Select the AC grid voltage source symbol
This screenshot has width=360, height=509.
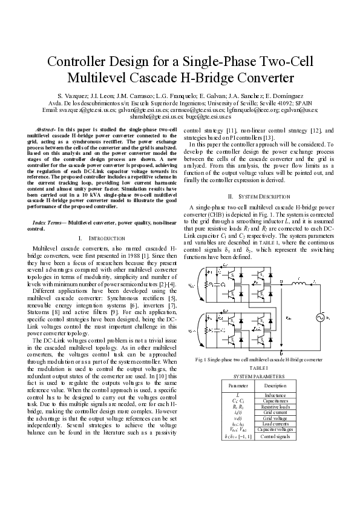pos(321,316)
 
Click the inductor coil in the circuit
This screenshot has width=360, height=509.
pos(298,283)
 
